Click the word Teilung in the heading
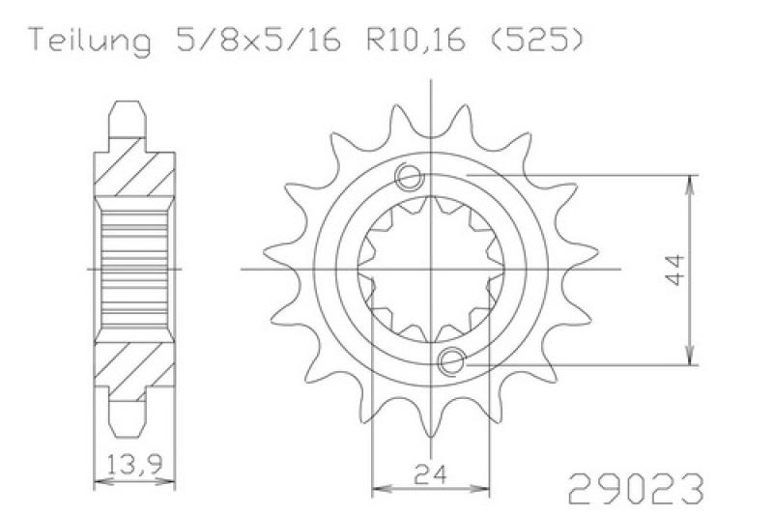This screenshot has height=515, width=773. pos(91,41)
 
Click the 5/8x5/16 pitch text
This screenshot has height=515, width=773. pos(258,40)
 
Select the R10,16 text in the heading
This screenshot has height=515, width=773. pos(415,40)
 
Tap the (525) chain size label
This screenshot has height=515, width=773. pos(537,40)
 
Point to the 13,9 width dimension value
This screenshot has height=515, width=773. pos(134,464)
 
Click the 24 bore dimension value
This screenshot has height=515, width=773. pos(430,474)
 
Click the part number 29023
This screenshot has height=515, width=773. pos(637,488)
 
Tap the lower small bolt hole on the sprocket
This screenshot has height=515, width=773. pos(451,361)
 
